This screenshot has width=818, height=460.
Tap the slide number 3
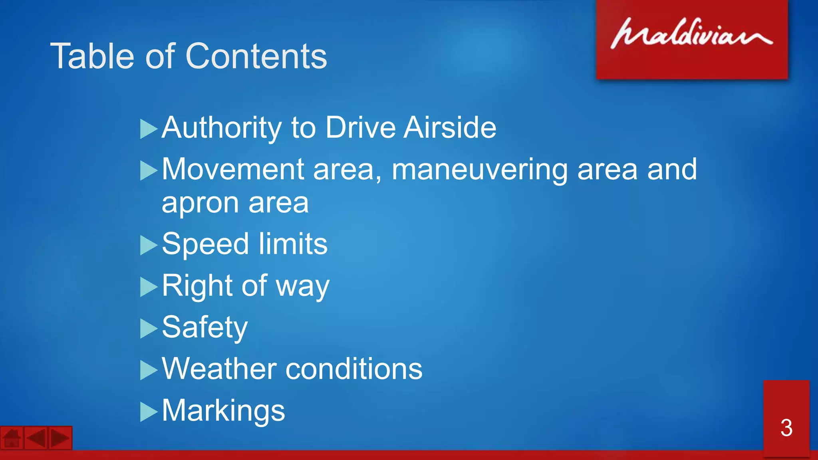coord(786,428)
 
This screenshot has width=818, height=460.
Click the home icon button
coord(12,438)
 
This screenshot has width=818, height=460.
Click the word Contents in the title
coord(256,56)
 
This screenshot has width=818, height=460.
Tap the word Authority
coord(222,128)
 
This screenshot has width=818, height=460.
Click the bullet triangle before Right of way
coord(148,287)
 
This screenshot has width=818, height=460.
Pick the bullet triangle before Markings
coord(148,412)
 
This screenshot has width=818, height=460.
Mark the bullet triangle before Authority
coord(148,129)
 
